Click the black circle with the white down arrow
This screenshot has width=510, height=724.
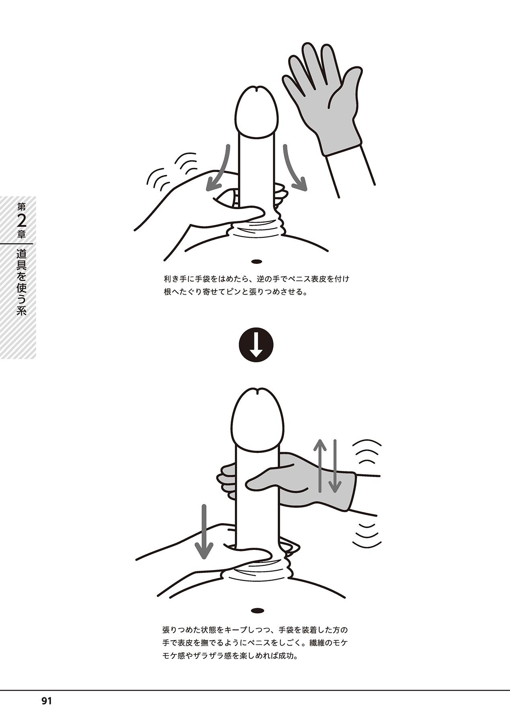pyautogui.click(x=256, y=346)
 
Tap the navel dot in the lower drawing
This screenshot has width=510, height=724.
pyautogui.click(x=256, y=622)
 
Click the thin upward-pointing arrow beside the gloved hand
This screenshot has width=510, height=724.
pyautogui.click(x=319, y=465)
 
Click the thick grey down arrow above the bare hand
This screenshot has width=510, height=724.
pyautogui.click(x=204, y=531)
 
